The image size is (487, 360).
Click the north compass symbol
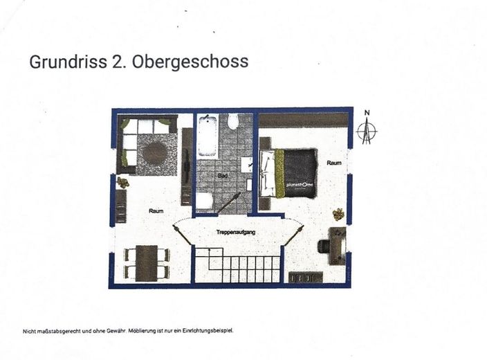tap(368, 129)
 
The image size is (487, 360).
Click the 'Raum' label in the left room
tap(156, 210)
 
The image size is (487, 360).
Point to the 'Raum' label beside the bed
tap(334, 163)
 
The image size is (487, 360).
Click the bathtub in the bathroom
tap(208, 136)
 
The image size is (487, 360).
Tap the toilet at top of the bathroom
tap(233, 123)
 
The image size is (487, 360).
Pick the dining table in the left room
tap(147, 262)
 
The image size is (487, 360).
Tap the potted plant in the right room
tap(338, 214)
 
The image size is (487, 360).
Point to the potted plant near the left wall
tap(123, 183)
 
